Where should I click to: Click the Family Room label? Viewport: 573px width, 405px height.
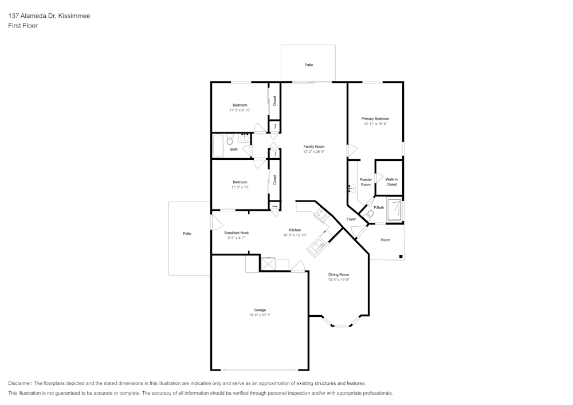(313, 147)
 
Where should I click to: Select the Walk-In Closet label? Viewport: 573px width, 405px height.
(391, 182)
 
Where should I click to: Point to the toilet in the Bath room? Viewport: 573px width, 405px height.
(230, 139)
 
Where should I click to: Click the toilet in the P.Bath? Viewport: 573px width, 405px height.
(371, 214)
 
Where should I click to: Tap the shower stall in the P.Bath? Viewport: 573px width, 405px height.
(394, 210)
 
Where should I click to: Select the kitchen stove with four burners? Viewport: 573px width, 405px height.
(321, 216)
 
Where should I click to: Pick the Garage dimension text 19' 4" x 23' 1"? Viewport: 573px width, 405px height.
(260, 315)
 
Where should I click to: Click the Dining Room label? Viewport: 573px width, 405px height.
(339, 274)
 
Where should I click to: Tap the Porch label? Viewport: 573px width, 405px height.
(385, 240)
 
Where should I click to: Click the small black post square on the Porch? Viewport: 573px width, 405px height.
(401, 256)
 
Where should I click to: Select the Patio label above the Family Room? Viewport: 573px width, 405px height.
(308, 65)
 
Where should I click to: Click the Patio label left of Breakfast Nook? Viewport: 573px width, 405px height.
(187, 234)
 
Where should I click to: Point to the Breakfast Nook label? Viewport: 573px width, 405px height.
(236, 233)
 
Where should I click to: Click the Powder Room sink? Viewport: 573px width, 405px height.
(351, 188)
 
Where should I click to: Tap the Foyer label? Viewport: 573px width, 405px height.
(351, 219)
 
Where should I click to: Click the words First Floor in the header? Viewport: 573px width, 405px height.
(23, 26)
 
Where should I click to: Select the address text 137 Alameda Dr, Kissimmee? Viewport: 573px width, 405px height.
(49, 16)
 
